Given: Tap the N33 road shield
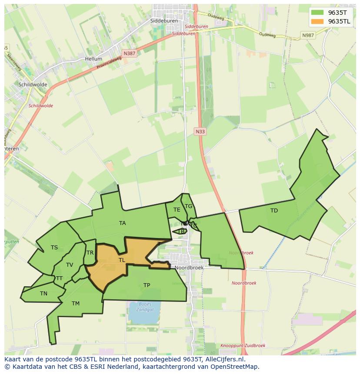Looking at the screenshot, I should coord(200,131).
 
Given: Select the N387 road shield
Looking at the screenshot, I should coord(129,53).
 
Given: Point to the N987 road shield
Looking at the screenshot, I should coord(308,35).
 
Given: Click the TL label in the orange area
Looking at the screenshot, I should coord(122,260).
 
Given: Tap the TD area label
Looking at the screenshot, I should coord(274,211).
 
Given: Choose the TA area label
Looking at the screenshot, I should coord(123,223).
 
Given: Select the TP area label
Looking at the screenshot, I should coord(147,285).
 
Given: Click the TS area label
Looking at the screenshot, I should coord(54,248).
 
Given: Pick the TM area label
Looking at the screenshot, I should coord(76,304).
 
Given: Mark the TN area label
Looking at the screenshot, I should coord(43,294).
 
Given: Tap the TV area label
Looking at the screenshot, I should coord(70,265).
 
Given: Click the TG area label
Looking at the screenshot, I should coord(188,206).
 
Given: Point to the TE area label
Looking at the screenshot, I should coord(177,210).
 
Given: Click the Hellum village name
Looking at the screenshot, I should coord(93,59).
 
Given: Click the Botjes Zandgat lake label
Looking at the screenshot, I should coord(145,307).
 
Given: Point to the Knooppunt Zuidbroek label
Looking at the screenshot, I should coord(237,346).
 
